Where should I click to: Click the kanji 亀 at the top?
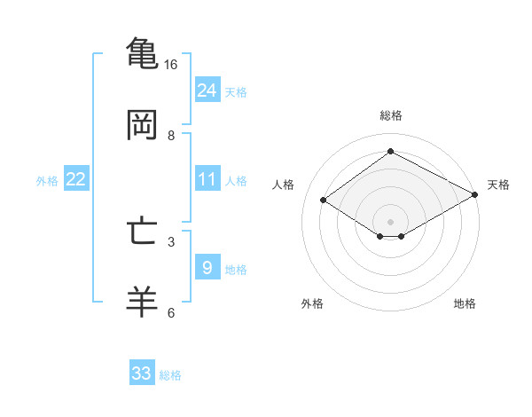142,52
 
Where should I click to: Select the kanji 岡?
142,124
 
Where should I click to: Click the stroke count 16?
171,65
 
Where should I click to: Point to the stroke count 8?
171,136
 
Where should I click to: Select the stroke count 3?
171,240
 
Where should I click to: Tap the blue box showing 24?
207,90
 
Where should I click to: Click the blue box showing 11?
207,179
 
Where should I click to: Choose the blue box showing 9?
207,267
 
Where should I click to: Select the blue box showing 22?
76,179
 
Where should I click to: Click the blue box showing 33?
142,374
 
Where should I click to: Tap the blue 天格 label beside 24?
235,91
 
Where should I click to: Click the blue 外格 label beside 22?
47,180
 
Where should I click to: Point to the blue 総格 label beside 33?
170,374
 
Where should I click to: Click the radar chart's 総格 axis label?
390,115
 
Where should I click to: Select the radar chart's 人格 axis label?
284,185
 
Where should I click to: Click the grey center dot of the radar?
390,220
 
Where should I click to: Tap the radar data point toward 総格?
390,151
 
